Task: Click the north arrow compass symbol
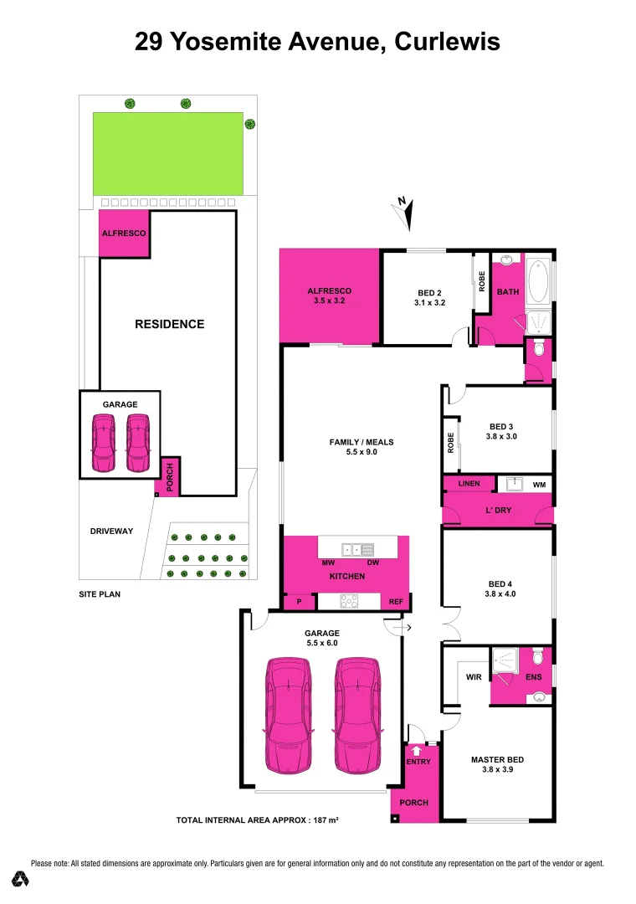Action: coord(405,213)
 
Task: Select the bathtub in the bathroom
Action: coord(538,282)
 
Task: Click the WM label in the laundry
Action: coord(538,485)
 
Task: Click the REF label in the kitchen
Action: coord(396,601)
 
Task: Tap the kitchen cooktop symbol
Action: coord(349,600)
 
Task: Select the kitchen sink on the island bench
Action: coord(362,549)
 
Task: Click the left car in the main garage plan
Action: coord(289,716)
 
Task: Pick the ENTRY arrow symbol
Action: coord(417,751)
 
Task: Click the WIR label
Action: coord(473,677)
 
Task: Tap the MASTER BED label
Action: coord(497,760)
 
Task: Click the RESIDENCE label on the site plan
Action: coord(170,324)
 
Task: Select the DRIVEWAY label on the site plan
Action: coord(112,531)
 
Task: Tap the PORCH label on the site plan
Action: coord(169,478)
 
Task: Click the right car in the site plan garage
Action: coord(138,444)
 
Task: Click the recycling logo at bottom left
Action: coord(20,879)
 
